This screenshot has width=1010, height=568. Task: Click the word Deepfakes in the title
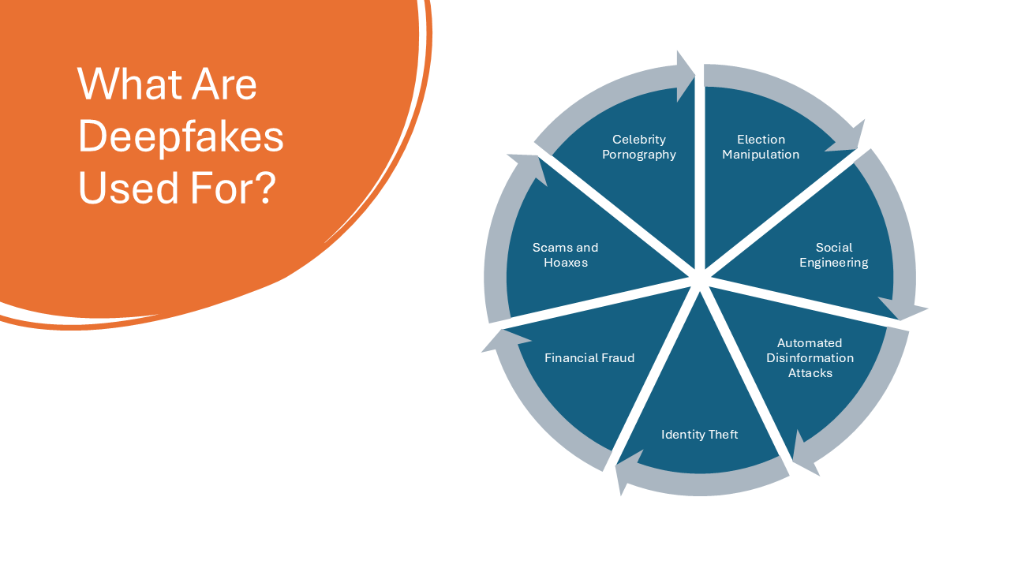coord(181,136)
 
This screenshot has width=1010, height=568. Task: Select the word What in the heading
coord(128,84)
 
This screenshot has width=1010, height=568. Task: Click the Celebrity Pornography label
coord(639,147)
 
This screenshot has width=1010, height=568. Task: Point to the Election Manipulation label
coord(761,147)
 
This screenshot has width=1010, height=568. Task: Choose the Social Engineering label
coord(834,255)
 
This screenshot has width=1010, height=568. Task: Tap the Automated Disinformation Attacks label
coord(810,358)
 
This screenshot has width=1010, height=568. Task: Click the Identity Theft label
coord(699,434)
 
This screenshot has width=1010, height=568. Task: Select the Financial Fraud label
coord(589,358)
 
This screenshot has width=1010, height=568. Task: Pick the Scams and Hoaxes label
coord(566,255)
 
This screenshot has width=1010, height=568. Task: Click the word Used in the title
coord(128,188)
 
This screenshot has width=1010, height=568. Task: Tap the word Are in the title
coord(224,84)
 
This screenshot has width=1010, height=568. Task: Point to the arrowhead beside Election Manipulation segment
coord(848,138)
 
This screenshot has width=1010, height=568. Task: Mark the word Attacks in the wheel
coord(810,373)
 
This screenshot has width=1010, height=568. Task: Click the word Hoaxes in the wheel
coord(566,263)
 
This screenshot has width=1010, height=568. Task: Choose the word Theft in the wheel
coord(724,434)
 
